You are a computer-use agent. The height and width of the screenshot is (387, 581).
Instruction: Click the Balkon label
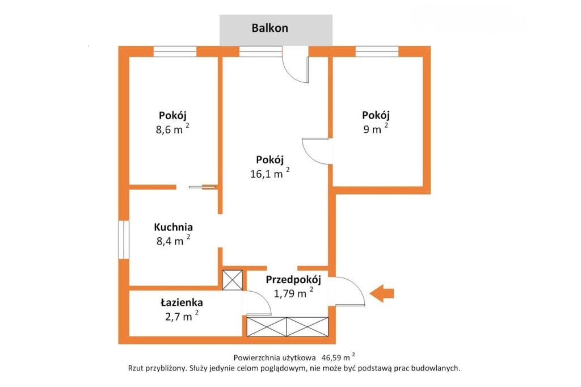tap(270, 28)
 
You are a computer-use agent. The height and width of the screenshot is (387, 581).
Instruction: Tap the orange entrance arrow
tap(382, 293)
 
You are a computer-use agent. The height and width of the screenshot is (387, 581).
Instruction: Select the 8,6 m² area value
tap(172, 129)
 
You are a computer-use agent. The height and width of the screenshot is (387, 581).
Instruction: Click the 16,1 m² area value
tap(270, 173)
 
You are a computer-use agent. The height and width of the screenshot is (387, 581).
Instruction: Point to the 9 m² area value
tap(376, 128)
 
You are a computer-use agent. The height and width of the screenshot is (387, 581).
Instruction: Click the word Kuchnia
tap(174, 227)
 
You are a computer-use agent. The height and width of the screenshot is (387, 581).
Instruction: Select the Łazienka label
tap(182, 302)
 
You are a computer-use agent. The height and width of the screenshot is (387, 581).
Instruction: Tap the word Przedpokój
tap(293, 280)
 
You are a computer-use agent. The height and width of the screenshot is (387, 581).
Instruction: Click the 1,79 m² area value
tap(293, 293)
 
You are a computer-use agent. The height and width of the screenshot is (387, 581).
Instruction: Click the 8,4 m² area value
tap(174, 241)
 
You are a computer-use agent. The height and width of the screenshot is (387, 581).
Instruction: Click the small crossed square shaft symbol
tap(232, 280)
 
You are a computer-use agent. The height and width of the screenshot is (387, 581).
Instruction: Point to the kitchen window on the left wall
tap(123, 239)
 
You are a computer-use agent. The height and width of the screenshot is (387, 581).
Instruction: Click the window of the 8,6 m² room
tap(175, 52)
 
